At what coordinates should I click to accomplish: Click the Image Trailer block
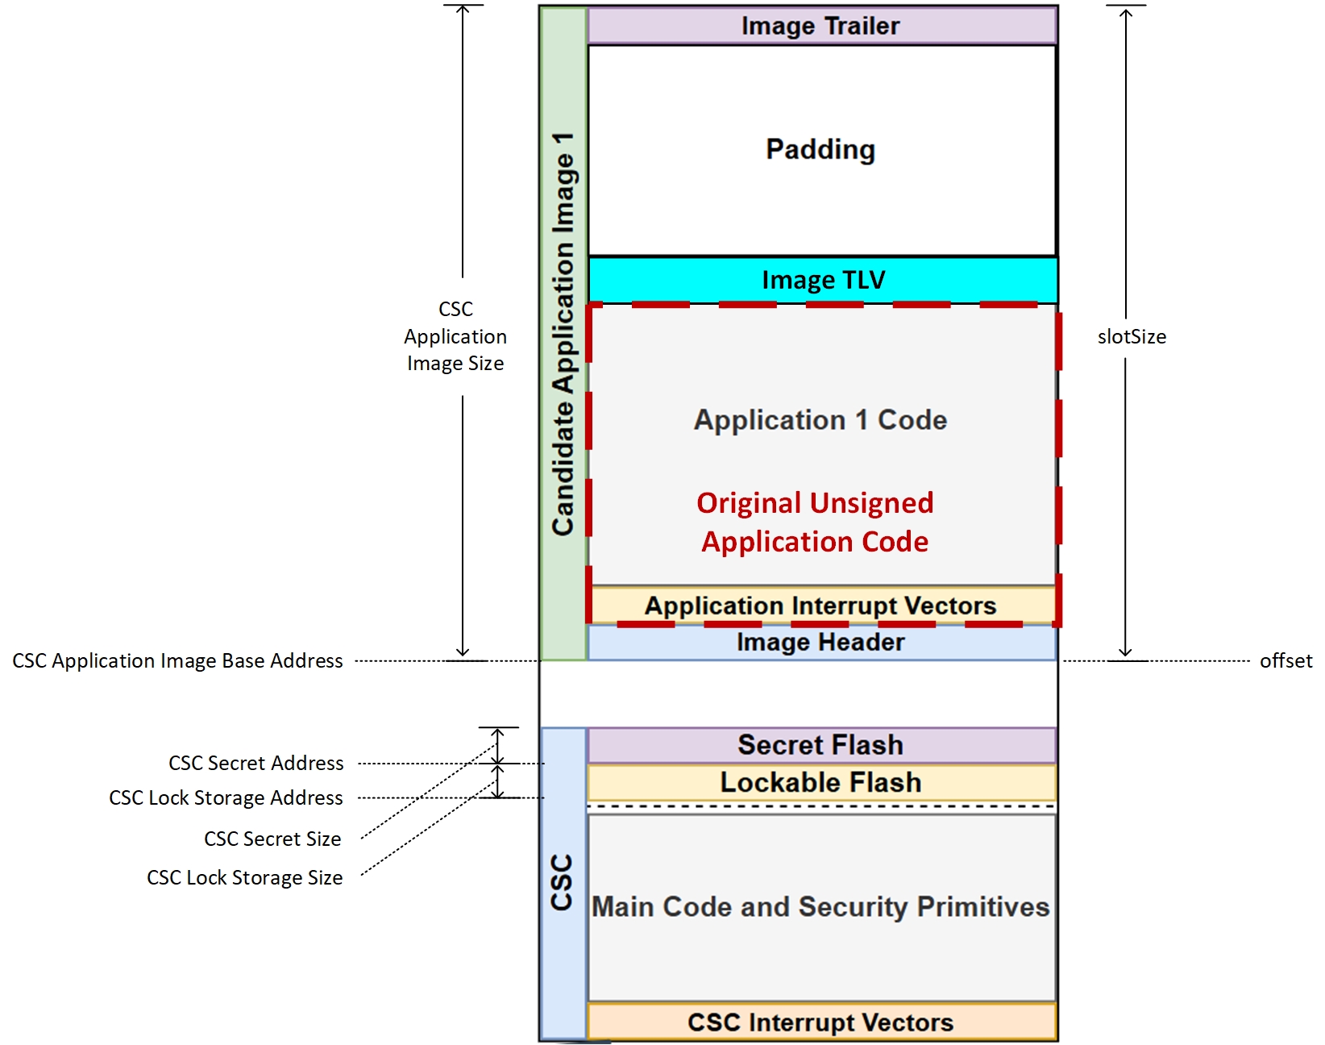(x=820, y=26)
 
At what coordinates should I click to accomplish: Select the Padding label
(x=820, y=149)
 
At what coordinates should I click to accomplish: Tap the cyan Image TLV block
(x=823, y=280)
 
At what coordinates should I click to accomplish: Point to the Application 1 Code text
(x=820, y=420)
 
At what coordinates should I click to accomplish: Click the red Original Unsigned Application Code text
(x=815, y=522)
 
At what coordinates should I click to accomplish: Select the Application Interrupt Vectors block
(x=820, y=606)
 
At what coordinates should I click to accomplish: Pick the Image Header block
(x=820, y=643)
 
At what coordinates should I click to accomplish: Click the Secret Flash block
(x=820, y=745)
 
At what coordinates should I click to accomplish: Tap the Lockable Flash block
(x=820, y=782)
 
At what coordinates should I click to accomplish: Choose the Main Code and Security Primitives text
(x=820, y=907)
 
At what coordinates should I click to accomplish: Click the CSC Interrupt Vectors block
(x=820, y=1022)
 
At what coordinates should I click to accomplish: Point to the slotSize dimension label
(x=1132, y=337)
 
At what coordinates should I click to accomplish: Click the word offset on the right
(x=1286, y=661)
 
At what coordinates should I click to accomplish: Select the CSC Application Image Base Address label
(x=177, y=661)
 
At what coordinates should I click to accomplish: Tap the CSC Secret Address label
(x=255, y=764)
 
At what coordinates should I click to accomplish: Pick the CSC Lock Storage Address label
(x=226, y=798)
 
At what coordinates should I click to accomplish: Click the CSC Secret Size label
(x=272, y=839)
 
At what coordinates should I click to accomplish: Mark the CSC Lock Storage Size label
(x=244, y=878)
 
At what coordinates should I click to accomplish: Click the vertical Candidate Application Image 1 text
(x=563, y=334)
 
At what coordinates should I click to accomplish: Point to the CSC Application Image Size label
(x=455, y=336)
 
